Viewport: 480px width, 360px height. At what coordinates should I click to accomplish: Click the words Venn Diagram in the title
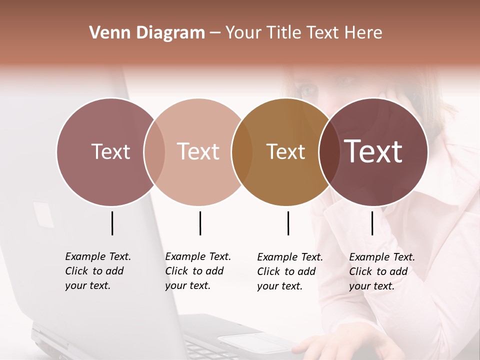146,33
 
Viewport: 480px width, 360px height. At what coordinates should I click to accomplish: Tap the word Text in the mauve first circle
110,151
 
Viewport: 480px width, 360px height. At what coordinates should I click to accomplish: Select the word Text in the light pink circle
198,151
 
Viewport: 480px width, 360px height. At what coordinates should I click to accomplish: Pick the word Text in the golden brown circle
285,151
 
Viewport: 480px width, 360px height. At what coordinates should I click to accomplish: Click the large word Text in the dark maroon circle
373,151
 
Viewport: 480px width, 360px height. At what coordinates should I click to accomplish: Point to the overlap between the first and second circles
154,151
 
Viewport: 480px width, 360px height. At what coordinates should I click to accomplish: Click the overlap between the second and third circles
242,151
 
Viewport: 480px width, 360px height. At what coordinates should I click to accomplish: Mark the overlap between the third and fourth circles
329,151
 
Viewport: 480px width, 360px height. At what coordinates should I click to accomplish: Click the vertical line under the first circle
112,223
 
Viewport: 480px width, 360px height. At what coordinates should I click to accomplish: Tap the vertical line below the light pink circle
200,223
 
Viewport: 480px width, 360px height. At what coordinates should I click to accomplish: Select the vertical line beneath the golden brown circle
288,223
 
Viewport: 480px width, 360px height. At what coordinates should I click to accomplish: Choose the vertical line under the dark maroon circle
372,223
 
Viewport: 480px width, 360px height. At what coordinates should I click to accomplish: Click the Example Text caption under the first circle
97,271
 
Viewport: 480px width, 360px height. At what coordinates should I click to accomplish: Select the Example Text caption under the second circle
197,271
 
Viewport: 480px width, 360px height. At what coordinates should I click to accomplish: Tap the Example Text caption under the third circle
289,271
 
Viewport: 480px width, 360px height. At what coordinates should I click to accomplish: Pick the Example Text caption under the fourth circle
381,271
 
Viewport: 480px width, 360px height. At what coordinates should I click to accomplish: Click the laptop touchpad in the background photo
250,342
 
